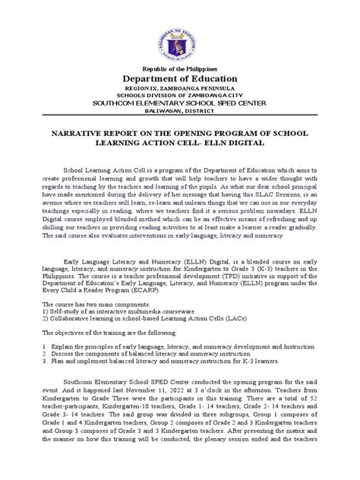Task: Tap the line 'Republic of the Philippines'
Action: click(x=180, y=69)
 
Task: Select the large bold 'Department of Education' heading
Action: click(x=180, y=81)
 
